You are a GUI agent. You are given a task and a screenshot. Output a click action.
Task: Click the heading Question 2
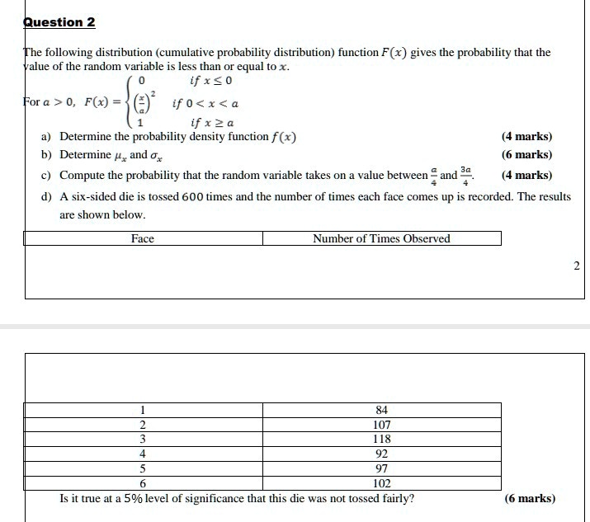[54, 22]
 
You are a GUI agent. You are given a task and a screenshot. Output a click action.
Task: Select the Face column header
[143, 239]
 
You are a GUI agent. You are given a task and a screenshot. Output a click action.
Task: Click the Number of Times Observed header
[381, 239]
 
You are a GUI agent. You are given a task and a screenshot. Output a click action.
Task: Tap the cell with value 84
[381, 410]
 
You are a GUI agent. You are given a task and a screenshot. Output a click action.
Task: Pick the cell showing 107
[381, 425]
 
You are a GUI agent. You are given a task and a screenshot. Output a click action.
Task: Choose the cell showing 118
[381, 440]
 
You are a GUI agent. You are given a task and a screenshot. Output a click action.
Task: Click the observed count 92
[381, 454]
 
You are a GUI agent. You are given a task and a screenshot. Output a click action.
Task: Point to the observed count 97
[381, 468]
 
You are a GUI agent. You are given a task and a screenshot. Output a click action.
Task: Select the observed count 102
[381, 483]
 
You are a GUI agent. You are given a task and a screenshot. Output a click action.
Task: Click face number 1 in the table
[143, 410]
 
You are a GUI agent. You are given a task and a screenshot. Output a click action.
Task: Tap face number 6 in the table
[143, 483]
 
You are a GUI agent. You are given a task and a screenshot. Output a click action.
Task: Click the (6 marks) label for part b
[526, 155]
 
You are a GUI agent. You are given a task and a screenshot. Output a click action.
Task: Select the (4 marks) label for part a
[526, 137]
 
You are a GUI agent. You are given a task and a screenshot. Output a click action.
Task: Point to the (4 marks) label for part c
[526, 175]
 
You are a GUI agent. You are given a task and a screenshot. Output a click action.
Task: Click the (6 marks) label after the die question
[529, 498]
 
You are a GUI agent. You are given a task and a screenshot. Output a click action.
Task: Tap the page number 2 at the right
[576, 266]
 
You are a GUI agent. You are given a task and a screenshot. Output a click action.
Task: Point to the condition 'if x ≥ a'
[211, 123]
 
